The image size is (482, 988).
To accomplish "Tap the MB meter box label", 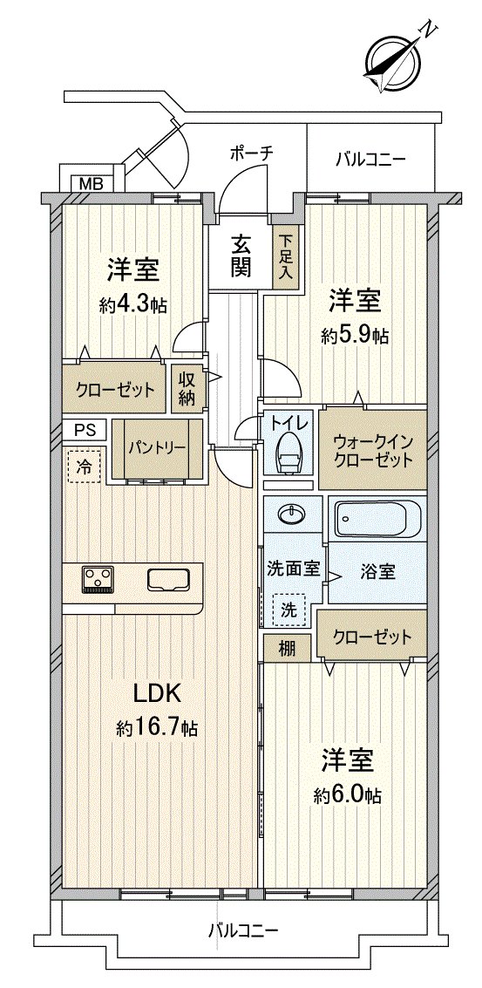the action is [88, 183].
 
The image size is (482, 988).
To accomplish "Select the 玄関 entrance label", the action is [241, 256].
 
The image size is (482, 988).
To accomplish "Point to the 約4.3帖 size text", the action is [132, 305].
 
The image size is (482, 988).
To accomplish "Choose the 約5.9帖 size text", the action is [355, 336].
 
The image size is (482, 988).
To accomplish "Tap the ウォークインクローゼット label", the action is [373, 449].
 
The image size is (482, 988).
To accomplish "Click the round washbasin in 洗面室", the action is [293, 514].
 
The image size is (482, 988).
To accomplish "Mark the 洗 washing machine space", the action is [289, 610].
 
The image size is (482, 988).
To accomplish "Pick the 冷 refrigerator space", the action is [83, 465].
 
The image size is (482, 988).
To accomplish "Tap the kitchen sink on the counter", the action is [168, 580].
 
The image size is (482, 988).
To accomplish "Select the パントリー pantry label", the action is [157, 448].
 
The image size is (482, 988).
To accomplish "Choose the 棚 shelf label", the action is [287, 649].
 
